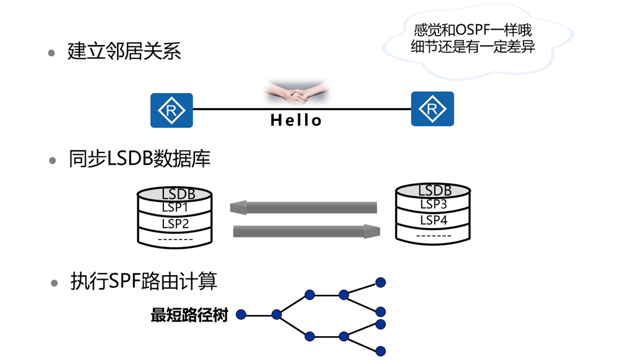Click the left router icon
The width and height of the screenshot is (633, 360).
[172, 110]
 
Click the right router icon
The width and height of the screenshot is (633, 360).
[432, 109]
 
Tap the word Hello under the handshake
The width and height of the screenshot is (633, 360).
[296, 120]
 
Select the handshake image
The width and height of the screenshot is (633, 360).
[296, 94]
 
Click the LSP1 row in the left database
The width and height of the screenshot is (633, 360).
[175, 207]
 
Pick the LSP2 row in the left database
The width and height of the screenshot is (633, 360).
[175, 224]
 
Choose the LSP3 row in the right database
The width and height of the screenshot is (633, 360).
[433, 205]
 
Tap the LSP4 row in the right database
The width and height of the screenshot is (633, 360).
[433, 220]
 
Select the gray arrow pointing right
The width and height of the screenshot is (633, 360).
[306, 231]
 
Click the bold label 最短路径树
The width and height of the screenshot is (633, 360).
[189, 315]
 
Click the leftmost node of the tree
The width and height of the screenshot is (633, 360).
[242, 314]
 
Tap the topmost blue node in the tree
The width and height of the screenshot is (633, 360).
[381, 282]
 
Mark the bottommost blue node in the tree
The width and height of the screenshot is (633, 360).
[381, 351]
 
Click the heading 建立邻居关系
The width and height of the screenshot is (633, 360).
[124, 52]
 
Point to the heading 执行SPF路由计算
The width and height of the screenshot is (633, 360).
[143, 281]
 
